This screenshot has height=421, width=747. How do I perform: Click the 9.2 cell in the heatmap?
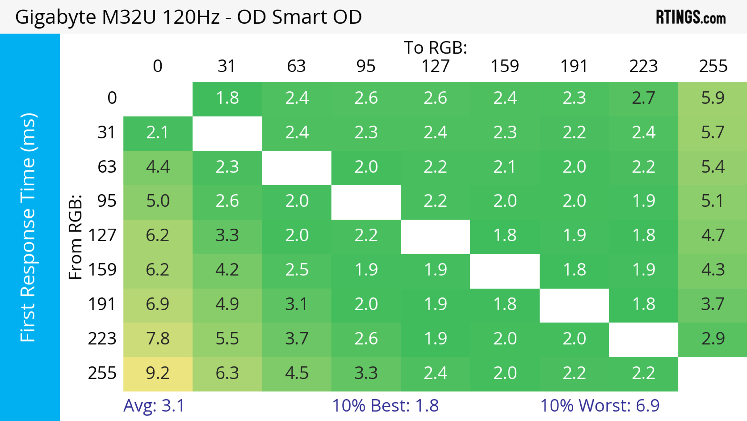click(x=158, y=373)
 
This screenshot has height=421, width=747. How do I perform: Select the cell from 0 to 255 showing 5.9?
click(x=713, y=98)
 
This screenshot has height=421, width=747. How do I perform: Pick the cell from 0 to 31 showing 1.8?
click(x=227, y=98)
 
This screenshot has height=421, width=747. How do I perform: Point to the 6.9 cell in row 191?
click(x=158, y=304)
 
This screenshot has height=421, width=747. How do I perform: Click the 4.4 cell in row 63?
click(x=158, y=167)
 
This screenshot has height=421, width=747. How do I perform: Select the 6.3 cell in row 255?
click(x=227, y=373)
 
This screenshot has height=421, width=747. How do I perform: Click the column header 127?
click(x=435, y=66)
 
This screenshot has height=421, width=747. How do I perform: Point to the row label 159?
click(x=102, y=270)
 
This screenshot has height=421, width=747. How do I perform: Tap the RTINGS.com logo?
click(x=691, y=17)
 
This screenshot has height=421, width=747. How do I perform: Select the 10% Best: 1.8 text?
click(x=385, y=406)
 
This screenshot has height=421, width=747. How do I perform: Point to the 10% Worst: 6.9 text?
click(x=600, y=406)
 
